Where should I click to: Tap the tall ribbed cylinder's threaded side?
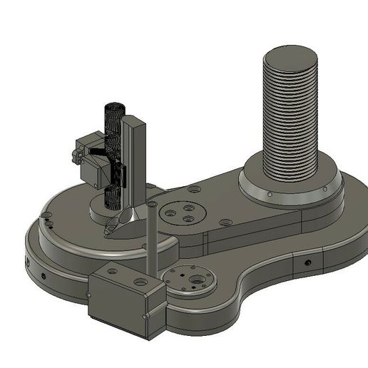click(x=290, y=121)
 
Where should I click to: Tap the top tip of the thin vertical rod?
click(x=152, y=205)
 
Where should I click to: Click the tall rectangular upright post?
click(x=134, y=164)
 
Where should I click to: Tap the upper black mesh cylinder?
click(x=113, y=121)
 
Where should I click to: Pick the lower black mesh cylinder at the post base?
click(x=112, y=198)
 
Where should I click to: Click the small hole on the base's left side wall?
click(x=43, y=274)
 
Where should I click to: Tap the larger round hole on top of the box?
click(x=140, y=282)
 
